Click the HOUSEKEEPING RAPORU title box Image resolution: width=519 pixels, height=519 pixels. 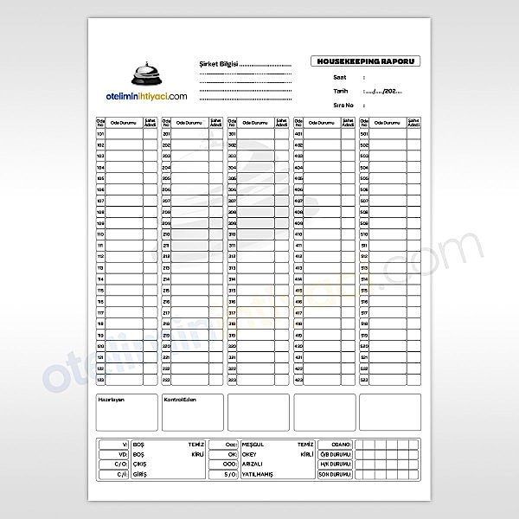(366, 62)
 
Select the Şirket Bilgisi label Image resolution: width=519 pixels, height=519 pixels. (217, 65)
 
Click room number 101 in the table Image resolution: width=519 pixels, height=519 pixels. (100, 134)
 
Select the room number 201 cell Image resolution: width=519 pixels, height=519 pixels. (166, 134)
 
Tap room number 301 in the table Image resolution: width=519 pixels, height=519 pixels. (232, 134)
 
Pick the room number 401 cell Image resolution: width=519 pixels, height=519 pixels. (298, 134)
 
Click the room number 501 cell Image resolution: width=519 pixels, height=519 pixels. (364, 134)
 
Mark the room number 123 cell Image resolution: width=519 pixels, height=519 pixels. (100, 380)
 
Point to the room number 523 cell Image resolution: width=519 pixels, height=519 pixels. (364, 380)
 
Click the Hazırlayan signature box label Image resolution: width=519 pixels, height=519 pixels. (112, 400)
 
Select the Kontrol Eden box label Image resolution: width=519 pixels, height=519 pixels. (181, 400)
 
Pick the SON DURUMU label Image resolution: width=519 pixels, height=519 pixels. (336, 474)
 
